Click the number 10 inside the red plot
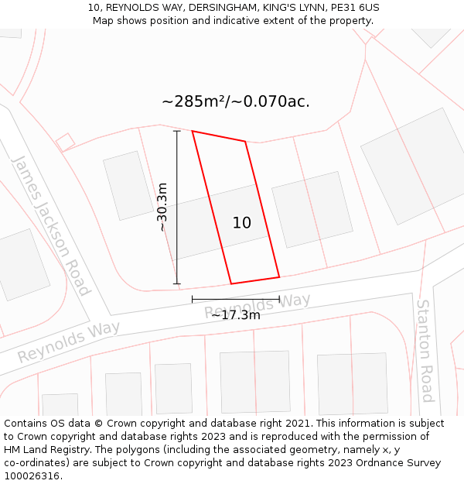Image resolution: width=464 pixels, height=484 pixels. tap(242, 223)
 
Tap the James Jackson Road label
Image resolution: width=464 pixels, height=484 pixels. tap(51, 225)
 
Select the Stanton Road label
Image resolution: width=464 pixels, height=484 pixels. tap(425, 351)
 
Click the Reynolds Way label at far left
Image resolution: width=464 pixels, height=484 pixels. tap(69, 342)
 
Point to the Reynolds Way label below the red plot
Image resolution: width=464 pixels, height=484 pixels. tap(258, 306)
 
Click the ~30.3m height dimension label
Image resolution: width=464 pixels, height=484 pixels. tap(162, 207)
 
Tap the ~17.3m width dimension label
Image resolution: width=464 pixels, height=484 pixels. tap(236, 314)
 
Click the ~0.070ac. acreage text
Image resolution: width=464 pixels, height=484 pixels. tap(274, 101)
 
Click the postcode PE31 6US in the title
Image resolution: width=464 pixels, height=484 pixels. tap(356, 8)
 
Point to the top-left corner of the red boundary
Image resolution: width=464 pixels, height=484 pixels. tap(193, 131)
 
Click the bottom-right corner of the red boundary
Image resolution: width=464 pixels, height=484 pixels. tap(279, 276)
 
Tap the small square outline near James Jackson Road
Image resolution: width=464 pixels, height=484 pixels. tap(66, 142)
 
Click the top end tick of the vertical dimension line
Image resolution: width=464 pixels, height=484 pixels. tap(177, 132)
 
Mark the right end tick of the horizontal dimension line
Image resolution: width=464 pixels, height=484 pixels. tap(279, 298)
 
